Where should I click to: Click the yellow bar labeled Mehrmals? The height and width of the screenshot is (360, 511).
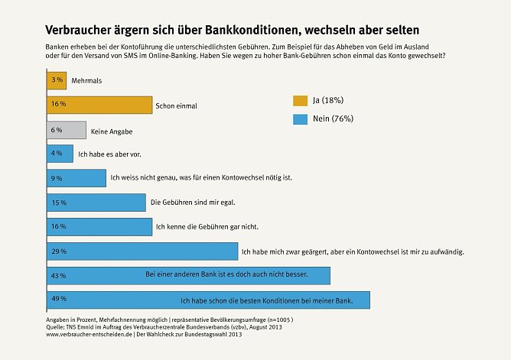pyautogui.click(x=56, y=79)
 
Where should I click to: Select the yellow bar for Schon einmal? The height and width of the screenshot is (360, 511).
pyautogui.click(x=99, y=104)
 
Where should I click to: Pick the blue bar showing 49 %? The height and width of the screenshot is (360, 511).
pyautogui.click(x=207, y=300)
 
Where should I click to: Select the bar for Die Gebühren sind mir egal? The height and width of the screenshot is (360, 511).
pyautogui.click(x=96, y=203)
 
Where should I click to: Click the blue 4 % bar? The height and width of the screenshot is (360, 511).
pyautogui.click(x=60, y=154)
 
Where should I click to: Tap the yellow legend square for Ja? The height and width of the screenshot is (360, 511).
pyautogui.click(x=300, y=101)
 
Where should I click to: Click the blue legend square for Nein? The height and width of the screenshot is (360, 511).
pyautogui.click(x=300, y=118)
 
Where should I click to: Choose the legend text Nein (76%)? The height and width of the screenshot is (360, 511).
pyautogui.click(x=333, y=118)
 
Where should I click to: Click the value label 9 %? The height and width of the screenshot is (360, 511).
pyautogui.click(x=58, y=178)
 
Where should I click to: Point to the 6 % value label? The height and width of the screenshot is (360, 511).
pyautogui.click(x=57, y=129)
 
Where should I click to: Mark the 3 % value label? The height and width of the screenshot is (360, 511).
pyautogui.click(x=57, y=79)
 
